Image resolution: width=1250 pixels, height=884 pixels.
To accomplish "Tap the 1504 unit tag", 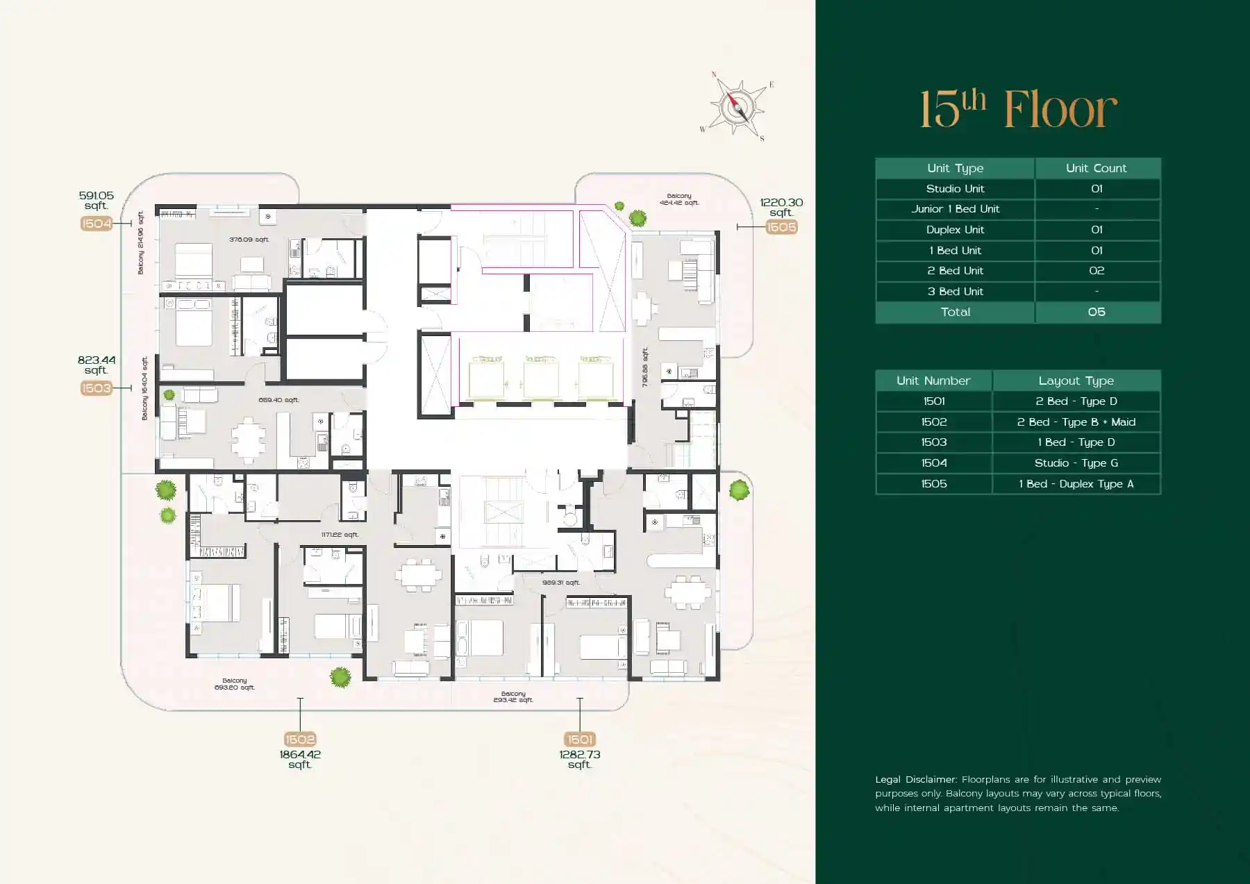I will tap(96, 224).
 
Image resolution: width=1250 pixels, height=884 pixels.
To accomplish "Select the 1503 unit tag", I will tap(96, 388).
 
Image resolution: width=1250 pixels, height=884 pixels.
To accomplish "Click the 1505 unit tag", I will tap(781, 227).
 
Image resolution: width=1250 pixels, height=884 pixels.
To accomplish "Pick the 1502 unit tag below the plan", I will tap(300, 740).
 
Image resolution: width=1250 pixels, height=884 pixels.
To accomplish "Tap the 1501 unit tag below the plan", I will tap(580, 740).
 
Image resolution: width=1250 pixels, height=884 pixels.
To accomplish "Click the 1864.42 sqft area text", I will tap(300, 759).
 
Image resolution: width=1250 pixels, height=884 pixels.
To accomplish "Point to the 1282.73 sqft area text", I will tap(580, 759).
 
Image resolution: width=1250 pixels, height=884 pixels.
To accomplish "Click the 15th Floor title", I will tap(1018, 110).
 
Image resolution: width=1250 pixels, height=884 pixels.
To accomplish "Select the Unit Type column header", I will tap(955, 168).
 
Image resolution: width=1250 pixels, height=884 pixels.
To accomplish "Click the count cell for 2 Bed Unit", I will tap(1097, 271).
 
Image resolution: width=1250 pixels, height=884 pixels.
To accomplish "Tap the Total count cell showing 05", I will tap(1097, 312).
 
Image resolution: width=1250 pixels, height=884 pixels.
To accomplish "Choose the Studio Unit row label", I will tap(955, 189).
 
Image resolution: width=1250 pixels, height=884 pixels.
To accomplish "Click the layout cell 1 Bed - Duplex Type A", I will tap(1076, 484).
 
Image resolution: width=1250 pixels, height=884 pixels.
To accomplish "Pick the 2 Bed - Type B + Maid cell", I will tap(1076, 422).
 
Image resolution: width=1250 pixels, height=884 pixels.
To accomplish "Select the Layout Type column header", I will tap(1076, 381).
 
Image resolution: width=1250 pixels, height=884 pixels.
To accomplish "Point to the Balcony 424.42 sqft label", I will tap(679, 199).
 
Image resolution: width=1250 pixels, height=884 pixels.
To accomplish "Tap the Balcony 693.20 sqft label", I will tap(235, 684).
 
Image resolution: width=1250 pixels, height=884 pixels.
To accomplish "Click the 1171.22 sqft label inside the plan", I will tap(340, 535).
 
